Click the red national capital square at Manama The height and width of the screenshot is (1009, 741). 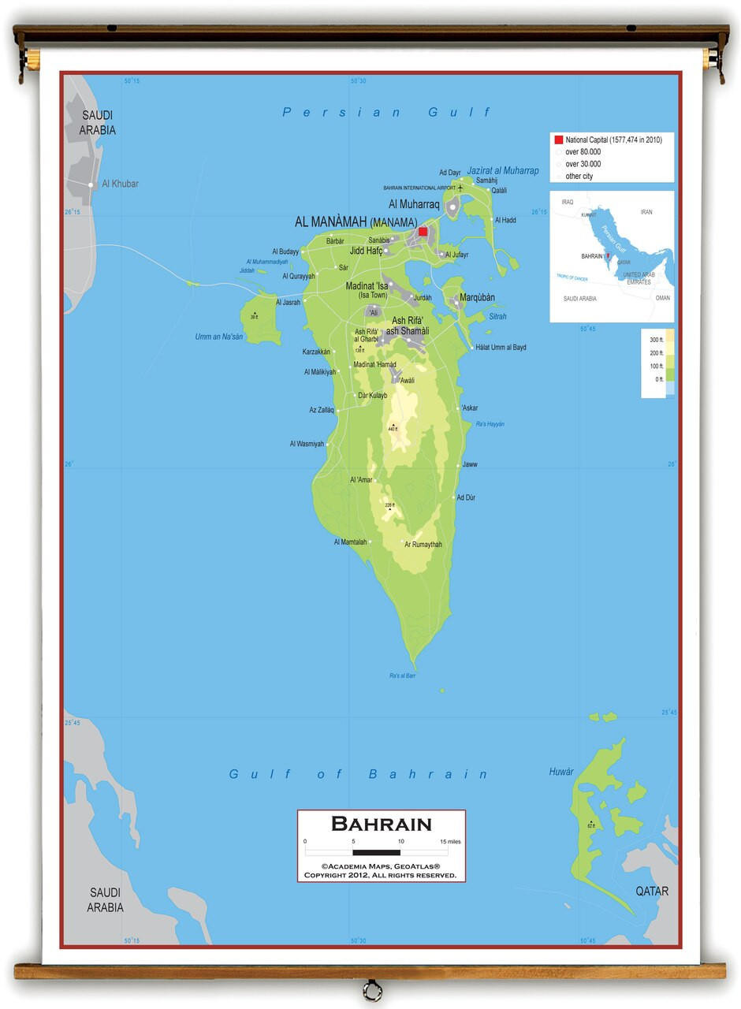coord(423,232)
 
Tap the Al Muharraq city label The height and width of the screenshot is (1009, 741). coord(414,204)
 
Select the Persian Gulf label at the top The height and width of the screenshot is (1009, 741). coord(386,113)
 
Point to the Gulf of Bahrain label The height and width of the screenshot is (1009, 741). coord(359,774)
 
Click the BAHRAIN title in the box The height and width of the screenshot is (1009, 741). coord(382,825)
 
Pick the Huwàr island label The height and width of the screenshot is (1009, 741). coord(561,772)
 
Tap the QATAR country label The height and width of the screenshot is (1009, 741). coord(652,892)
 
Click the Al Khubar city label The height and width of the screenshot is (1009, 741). coord(120,184)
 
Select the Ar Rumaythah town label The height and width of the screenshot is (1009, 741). coord(423,545)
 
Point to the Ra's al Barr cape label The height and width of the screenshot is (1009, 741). coord(402,676)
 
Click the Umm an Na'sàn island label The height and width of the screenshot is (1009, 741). coord(219,337)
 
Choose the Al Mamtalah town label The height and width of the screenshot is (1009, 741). coord(351,542)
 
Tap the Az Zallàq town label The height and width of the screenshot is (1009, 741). coord(322,410)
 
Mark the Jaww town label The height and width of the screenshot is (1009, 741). coord(470,464)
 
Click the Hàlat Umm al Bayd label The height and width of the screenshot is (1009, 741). coord(501,348)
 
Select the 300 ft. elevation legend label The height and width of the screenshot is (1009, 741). coord(657,339)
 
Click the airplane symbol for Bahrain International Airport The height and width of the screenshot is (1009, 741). coord(460,188)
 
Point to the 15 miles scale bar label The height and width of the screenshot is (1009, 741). coord(452,842)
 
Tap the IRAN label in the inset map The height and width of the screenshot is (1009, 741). coord(646,212)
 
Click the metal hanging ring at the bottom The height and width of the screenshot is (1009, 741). coord(372,989)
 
